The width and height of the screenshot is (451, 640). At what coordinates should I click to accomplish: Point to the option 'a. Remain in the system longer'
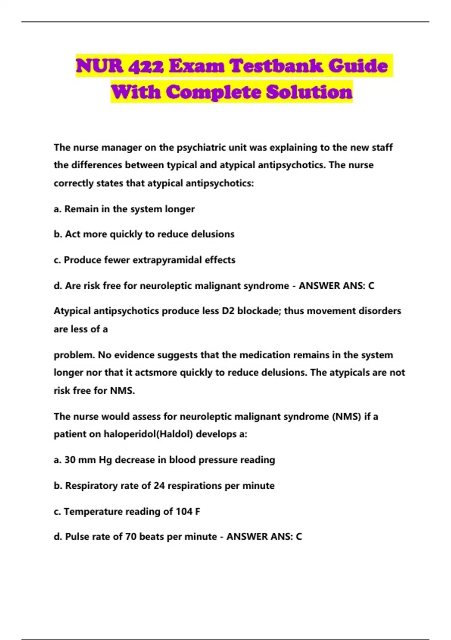pyautogui.click(x=124, y=209)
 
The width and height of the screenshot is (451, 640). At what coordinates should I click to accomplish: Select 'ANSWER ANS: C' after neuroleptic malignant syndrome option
pyautogui.click(x=336, y=286)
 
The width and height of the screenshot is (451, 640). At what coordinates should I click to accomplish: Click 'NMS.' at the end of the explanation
pyautogui.click(x=122, y=390)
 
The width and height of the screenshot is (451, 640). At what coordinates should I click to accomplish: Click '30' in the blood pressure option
pyautogui.click(x=70, y=460)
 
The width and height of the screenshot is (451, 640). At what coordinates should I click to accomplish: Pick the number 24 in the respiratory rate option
pyautogui.click(x=159, y=486)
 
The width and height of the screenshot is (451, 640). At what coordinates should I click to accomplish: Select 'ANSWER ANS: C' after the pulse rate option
pyautogui.click(x=264, y=536)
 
